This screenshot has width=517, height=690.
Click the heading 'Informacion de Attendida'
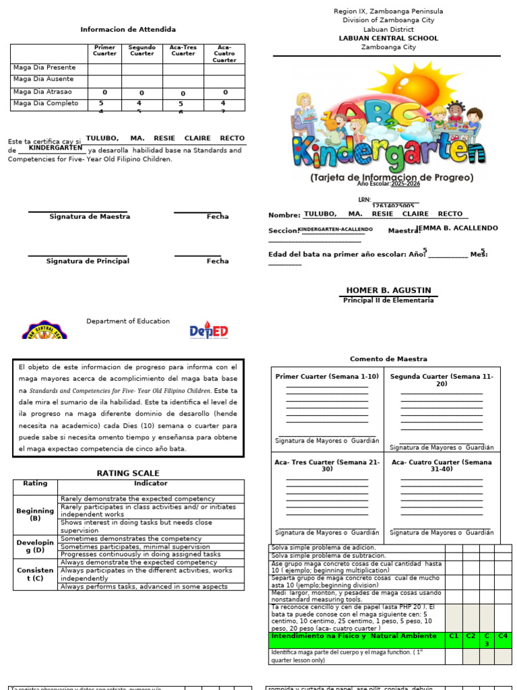tap(128, 30)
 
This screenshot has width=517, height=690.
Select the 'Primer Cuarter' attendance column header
tap(104, 51)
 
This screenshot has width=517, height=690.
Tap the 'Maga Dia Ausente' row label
tap(44, 80)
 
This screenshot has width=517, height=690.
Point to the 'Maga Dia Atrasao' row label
tap(42, 92)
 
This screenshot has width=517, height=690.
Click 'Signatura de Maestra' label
tap(90, 217)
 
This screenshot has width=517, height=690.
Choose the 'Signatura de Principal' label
tap(88, 261)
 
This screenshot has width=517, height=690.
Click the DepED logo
tap(208, 330)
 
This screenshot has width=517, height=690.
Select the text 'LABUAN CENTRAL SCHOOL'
tap(388, 38)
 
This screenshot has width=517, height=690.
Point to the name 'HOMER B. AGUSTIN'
tap(388, 290)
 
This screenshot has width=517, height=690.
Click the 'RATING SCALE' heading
tap(128, 474)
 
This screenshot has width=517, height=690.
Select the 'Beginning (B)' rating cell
tap(35, 515)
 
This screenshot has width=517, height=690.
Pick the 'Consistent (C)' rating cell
tap(35, 574)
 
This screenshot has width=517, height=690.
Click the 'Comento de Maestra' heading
tap(388, 359)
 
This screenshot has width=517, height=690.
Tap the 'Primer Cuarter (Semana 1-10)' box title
tap(327, 377)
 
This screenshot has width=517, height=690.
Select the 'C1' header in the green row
tap(453, 636)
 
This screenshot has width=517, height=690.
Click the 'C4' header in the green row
tap(502, 636)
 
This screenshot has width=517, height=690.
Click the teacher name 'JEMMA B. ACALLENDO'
tap(458, 228)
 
